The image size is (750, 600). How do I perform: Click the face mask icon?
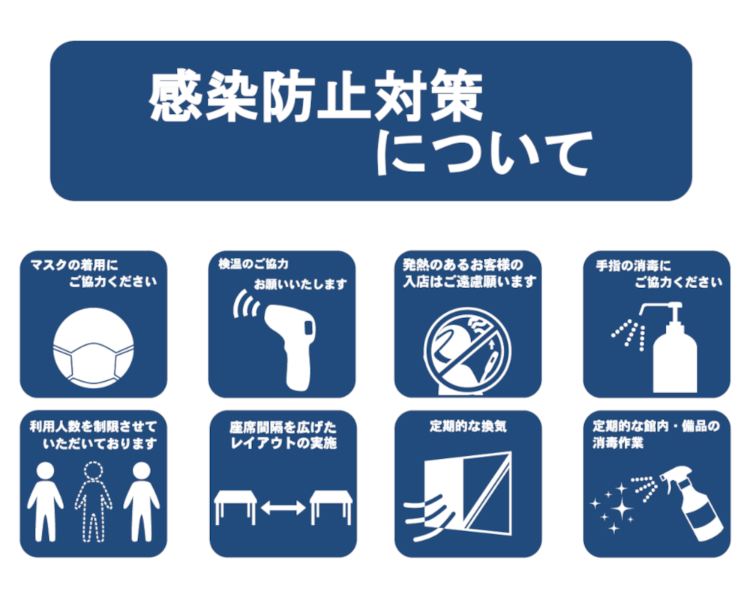(93, 348)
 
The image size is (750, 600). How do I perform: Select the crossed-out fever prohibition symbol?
(467, 352)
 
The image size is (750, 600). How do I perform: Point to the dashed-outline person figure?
(93, 502)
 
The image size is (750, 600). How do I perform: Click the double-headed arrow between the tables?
(283, 507)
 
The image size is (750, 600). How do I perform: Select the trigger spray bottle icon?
(692, 502)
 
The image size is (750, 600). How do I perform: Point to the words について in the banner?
(484, 154)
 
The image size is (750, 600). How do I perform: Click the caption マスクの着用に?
(73, 265)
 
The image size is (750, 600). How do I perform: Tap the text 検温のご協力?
(253, 264)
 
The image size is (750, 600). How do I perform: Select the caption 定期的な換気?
(468, 426)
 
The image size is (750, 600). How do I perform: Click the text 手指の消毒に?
(633, 265)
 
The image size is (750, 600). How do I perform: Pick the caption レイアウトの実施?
(283, 443)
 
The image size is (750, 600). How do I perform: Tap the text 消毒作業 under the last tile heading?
(618, 443)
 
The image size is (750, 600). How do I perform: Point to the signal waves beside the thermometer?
(246, 304)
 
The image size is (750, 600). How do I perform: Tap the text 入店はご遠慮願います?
(469, 282)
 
